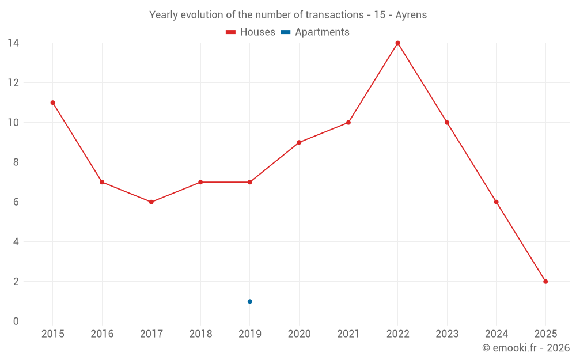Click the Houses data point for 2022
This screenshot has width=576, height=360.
point(397,43)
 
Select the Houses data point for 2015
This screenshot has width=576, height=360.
point(52,103)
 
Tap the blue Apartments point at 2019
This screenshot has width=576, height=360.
point(249,301)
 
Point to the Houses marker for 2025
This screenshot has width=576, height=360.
point(545,282)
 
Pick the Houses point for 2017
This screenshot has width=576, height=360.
point(151,202)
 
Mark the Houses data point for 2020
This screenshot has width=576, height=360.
point(299,142)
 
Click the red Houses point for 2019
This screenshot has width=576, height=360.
point(249,182)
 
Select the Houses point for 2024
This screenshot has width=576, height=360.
point(496,202)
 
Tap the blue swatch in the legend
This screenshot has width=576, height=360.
point(286,32)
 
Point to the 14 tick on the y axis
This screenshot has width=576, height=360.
point(13,43)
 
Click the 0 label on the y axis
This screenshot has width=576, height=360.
point(16,321)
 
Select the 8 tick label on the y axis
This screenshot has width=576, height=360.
point(16,162)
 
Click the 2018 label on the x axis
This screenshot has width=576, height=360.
point(200,334)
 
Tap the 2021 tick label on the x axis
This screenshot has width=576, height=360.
point(348,334)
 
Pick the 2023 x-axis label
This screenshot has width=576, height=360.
point(447,334)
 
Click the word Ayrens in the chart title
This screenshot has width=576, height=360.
point(411,15)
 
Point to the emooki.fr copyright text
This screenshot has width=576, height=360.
point(526,348)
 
